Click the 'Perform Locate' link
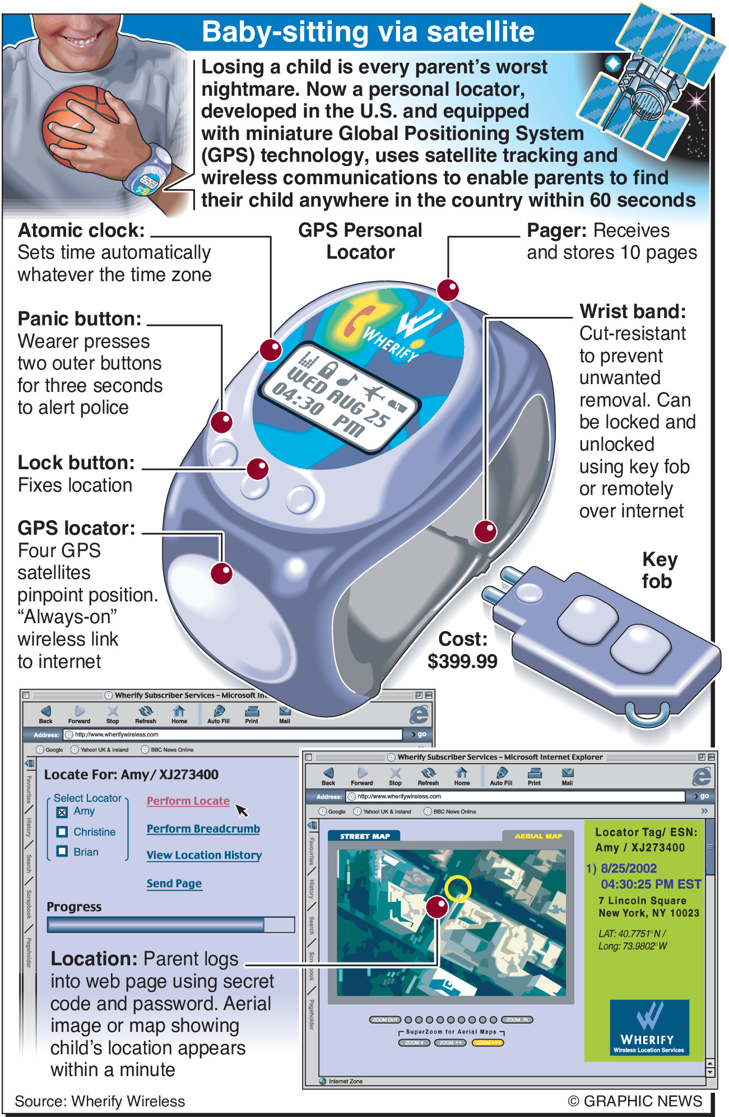[188, 801]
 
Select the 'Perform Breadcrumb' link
[203, 829]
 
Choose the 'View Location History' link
[204, 855]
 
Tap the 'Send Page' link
[174, 884]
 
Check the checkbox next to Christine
[62, 832]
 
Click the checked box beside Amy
[62, 812]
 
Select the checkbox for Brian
[62, 852]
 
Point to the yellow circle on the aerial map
[458, 888]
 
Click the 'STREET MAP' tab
[365, 836]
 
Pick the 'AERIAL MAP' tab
[538, 836]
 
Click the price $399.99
[462, 661]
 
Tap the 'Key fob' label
[659, 570]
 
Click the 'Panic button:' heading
[80, 319]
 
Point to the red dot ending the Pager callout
[448, 290]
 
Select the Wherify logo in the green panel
[649, 1027]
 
